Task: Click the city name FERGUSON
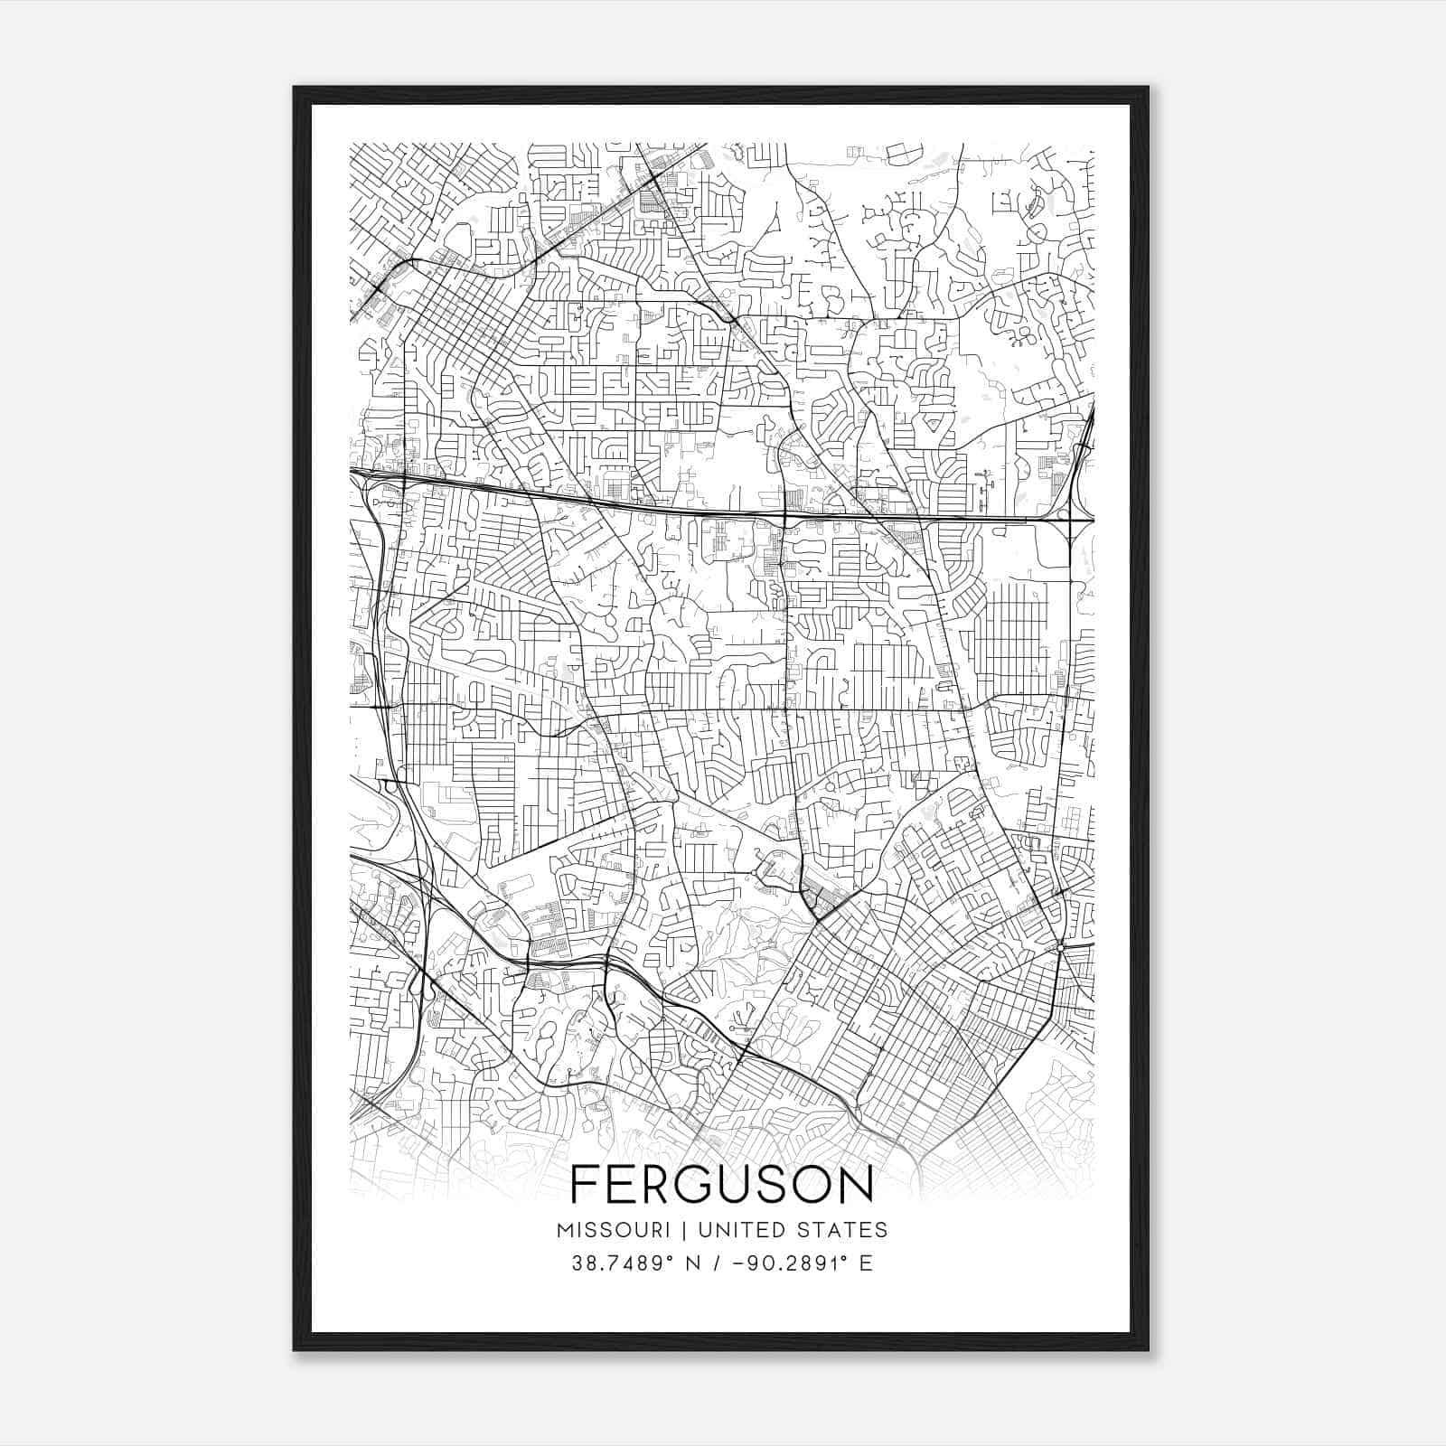click(x=722, y=1185)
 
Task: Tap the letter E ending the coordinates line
click(x=866, y=1263)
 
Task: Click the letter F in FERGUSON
click(x=585, y=1185)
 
